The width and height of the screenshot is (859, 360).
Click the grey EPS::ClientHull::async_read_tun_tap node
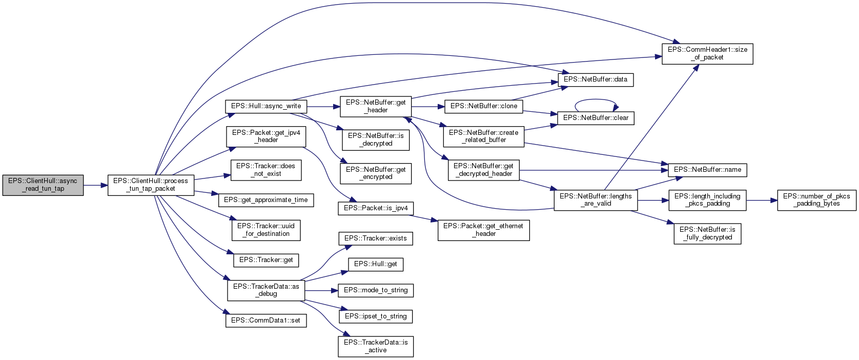click(43, 185)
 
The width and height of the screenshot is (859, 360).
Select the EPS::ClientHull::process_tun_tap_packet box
click(151, 185)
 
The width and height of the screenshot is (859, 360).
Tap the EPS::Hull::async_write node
click(266, 106)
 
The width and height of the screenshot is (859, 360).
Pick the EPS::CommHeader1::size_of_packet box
click(707, 53)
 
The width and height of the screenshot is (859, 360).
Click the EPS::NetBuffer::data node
click(595, 79)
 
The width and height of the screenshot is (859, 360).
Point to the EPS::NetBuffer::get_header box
click(375, 106)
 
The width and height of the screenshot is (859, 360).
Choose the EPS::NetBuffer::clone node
click(483, 106)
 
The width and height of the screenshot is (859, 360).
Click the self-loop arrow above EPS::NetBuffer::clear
click(596, 100)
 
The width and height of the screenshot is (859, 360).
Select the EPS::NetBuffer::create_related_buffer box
click(483, 136)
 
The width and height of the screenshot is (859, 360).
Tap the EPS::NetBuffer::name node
click(707, 170)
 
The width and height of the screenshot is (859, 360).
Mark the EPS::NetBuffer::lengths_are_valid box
click(596, 200)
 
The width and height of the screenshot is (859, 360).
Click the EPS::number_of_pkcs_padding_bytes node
click(816, 200)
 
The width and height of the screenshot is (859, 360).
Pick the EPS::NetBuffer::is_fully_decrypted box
click(707, 233)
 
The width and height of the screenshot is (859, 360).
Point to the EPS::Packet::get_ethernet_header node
click(483, 230)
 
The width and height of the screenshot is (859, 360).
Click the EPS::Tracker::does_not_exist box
click(266, 170)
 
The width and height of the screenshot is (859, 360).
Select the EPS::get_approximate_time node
click(266, 200)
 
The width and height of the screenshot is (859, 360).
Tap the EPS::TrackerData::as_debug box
click(266, 290)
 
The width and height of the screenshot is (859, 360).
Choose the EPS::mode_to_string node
click(376, 290)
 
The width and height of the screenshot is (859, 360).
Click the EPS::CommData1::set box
click(265, 321)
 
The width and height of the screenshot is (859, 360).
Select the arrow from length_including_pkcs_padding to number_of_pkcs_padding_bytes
click(762, 201)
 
